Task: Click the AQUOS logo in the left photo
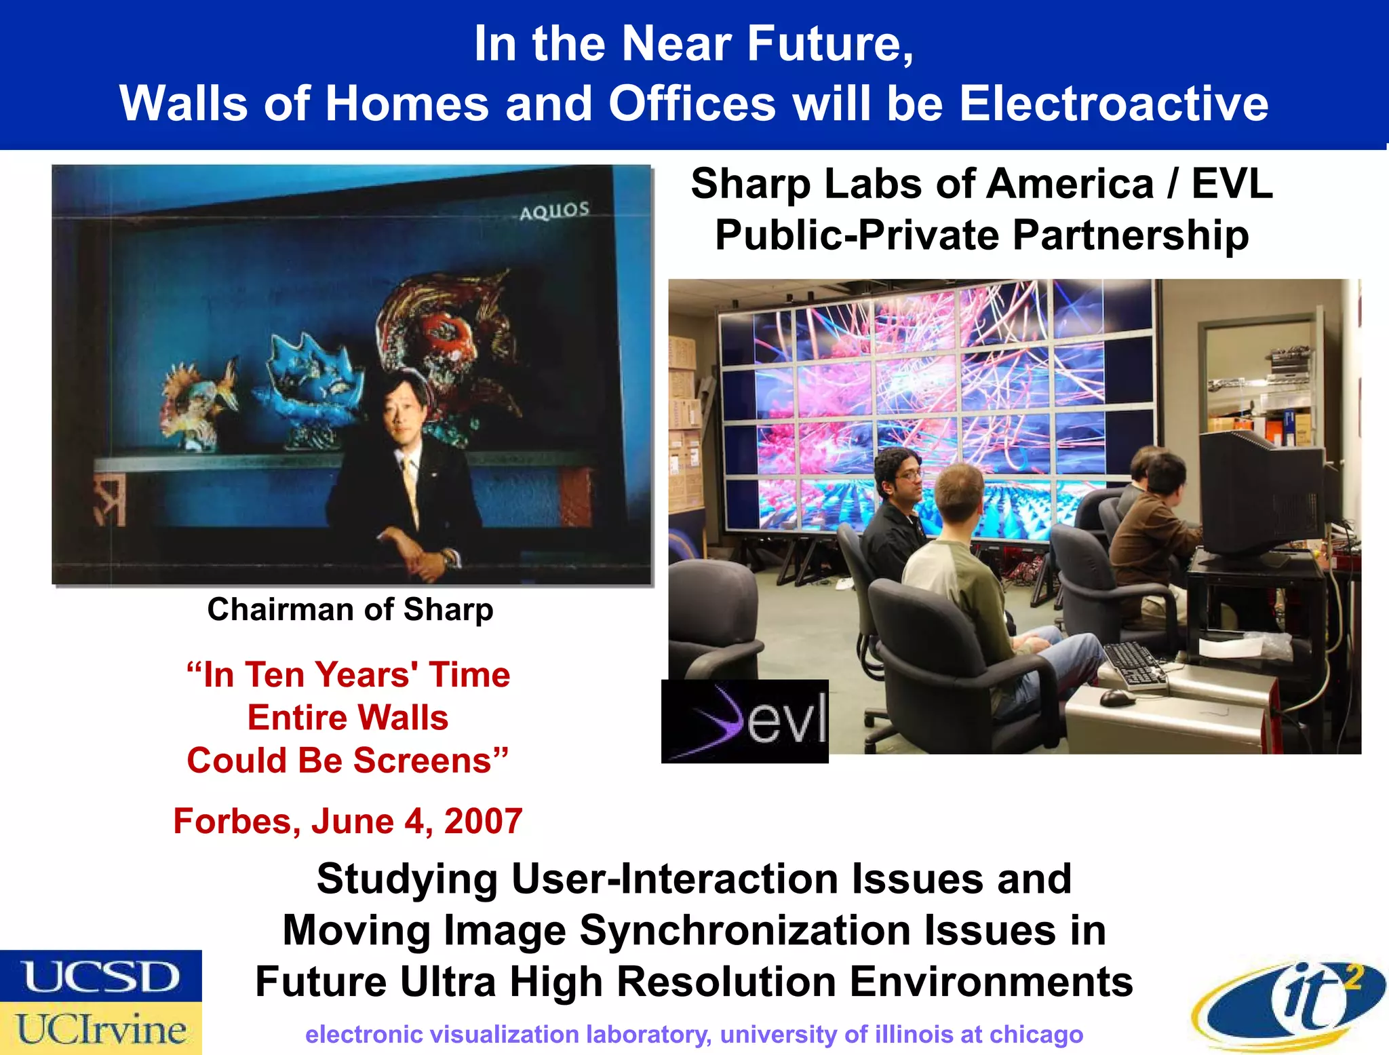tap(554, 211)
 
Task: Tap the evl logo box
tap(745, 721)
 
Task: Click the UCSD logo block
tap(101, 976)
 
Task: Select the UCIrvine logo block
tap(101, 1029)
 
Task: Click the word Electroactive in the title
tap(1113, 104)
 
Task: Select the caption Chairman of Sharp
tap(350, 609)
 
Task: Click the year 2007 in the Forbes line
tap(483, 821)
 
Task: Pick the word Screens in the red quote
tap(430, 760)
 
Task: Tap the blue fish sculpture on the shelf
tap(309, 387)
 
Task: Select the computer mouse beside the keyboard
tap(1117, 697)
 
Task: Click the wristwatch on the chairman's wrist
tap(449, 558)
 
